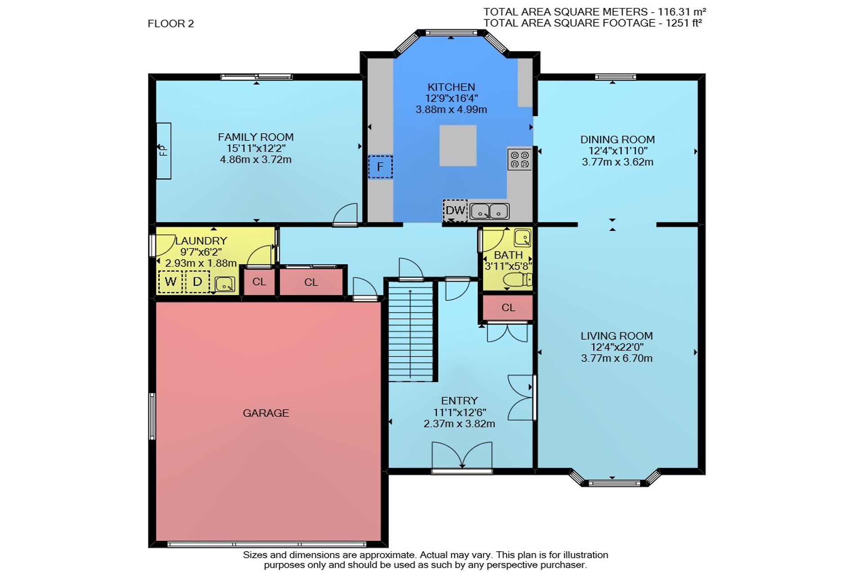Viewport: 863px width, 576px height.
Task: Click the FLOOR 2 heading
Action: (171, 23)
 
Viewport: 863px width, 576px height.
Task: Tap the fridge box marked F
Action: (380, 166)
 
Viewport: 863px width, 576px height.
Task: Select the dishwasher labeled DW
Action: (455, 210)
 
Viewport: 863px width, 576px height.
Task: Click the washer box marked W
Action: (170, 282)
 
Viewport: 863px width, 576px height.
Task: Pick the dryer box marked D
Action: (197, 282)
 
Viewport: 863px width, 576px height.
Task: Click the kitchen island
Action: (458, 145)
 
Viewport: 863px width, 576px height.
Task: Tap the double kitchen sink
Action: (489, 211)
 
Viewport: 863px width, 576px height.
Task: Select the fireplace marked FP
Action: (164, 151)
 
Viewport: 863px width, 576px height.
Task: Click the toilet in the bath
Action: (517, 280)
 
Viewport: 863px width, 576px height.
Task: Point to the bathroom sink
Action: (522, 238)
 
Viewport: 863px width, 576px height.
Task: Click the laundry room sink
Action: (225, 284)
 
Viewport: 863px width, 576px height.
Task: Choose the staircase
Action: (411, 331)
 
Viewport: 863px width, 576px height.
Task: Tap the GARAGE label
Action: (266, 413)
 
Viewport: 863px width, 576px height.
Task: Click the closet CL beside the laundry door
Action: (259, 282)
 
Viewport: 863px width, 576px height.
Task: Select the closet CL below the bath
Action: (508, 307)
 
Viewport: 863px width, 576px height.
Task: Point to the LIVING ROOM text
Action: (617, 336)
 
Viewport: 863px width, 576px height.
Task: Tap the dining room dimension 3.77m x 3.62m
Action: (618, 162)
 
